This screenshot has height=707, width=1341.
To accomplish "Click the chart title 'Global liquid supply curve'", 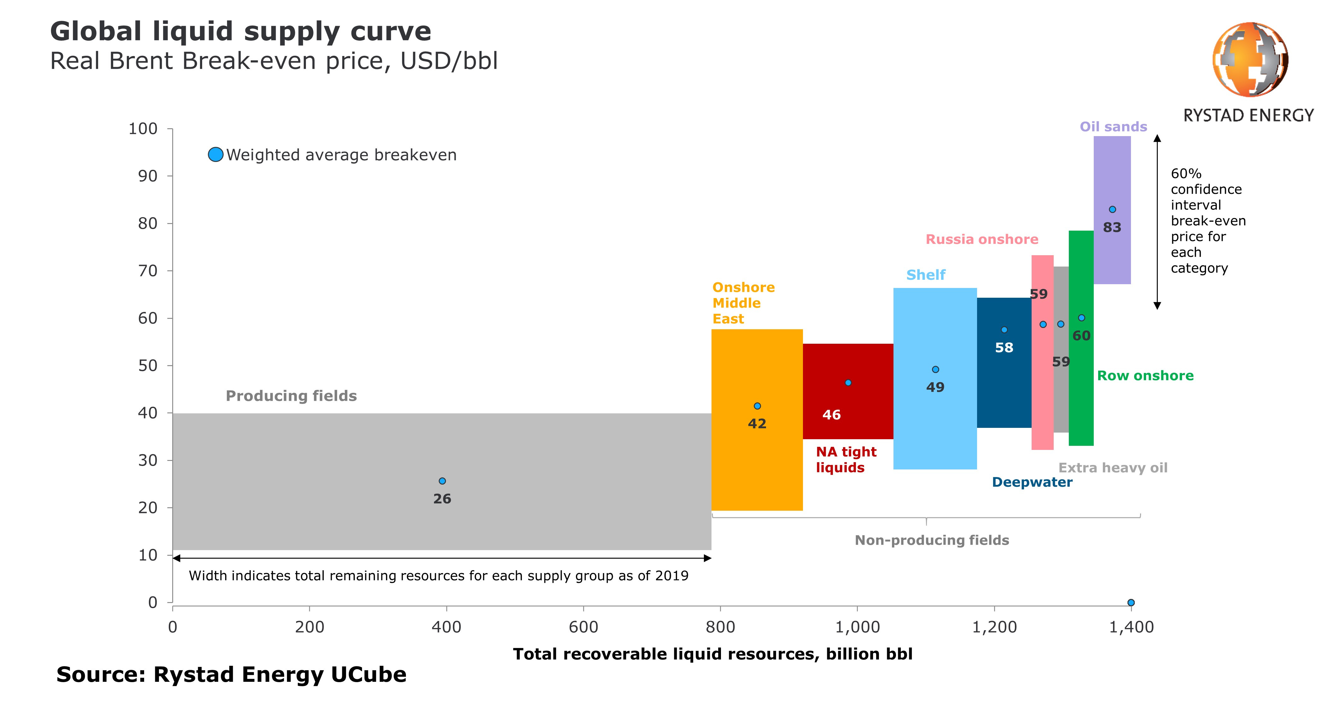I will pos(241,31).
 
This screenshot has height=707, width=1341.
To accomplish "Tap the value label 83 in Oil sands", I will pos(1112,227).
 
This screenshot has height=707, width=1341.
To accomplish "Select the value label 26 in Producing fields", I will pos(442,499).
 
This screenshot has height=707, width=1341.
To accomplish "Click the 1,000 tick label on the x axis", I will pos(858,627).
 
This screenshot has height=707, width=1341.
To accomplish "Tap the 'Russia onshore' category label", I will pos(982,239).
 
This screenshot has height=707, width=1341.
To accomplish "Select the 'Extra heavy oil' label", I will pos(1113,468).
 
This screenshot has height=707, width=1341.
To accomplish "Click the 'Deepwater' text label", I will pos(1032,482).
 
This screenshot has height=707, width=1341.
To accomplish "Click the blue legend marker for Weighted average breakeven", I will pos(215,154).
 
